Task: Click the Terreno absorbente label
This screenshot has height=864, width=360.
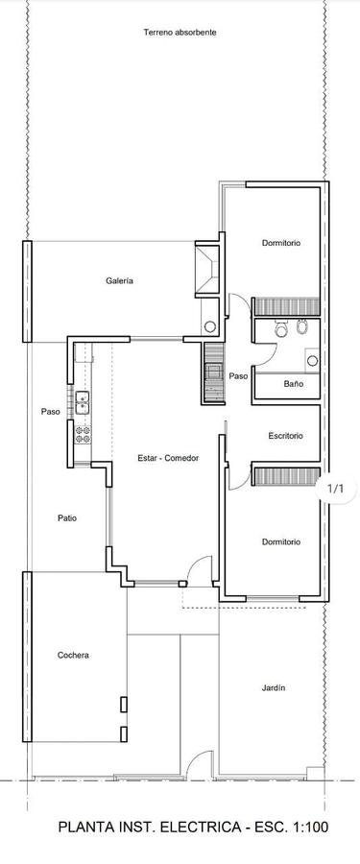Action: point(180,33)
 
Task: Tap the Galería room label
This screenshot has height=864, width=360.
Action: point(120,280)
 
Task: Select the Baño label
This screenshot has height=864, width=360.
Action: point(294,383)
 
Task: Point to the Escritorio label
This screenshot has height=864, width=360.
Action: point(285,436)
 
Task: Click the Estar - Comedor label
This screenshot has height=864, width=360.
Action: point(168,458)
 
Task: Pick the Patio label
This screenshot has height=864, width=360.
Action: point(67,518)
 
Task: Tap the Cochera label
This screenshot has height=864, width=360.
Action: point(73,655)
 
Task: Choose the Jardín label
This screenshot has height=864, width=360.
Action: point(274,687)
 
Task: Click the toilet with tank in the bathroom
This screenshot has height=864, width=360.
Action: point(281,328)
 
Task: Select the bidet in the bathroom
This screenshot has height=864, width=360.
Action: point(301,327)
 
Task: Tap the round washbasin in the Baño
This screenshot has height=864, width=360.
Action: point(313,361)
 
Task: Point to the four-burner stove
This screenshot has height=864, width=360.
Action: point(83,434)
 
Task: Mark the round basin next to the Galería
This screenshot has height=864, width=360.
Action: point(210,326)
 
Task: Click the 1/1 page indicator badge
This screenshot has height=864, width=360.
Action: point(335,489)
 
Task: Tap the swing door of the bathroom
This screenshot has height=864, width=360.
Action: point(264,353)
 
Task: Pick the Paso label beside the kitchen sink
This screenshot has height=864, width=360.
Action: point(51,411)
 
